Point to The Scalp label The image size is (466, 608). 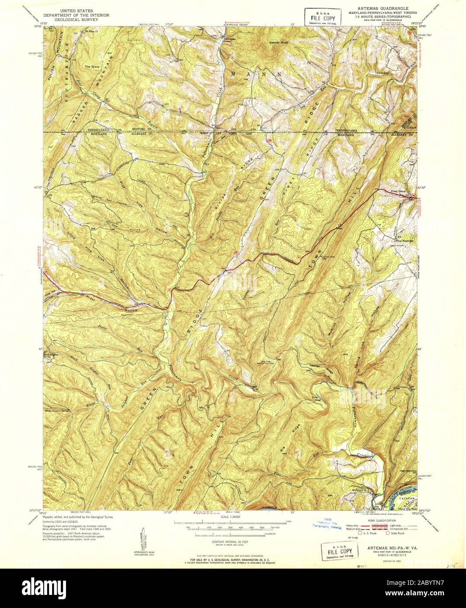92,66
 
